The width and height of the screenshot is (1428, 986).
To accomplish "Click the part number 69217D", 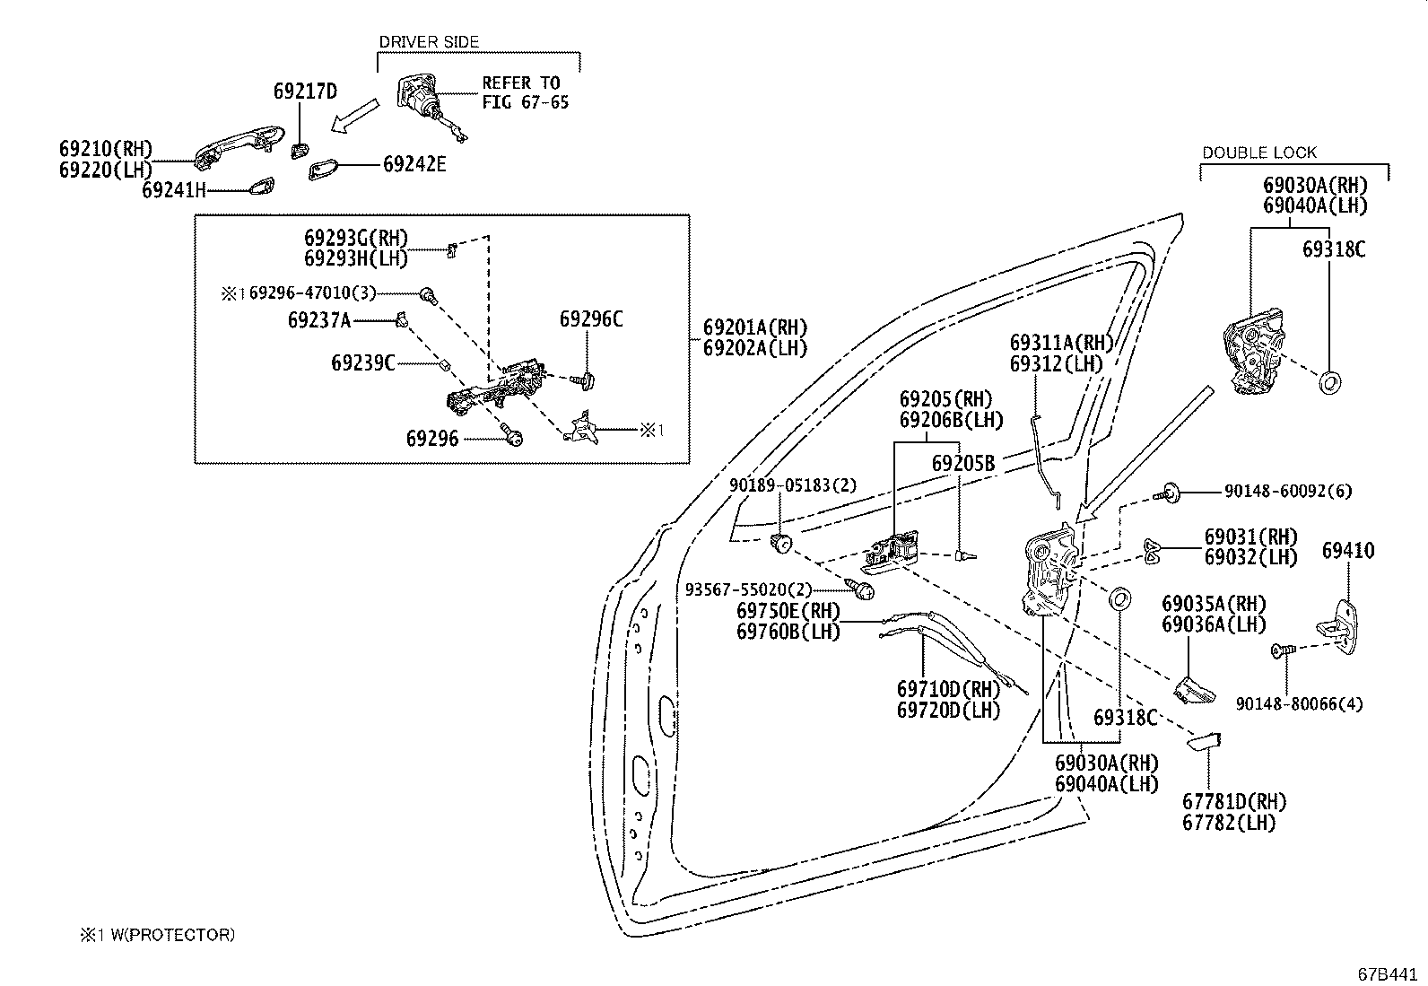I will (x=305, y=92).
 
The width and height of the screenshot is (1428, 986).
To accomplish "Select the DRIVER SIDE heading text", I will (x=429, y=42).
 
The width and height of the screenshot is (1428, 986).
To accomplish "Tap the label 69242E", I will (x=414, y=164).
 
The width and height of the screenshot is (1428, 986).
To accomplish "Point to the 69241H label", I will (x=174, y=190).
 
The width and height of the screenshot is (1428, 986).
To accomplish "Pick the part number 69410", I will (x=1347, y=551).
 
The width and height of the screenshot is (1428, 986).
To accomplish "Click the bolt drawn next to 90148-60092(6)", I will (x=1168, y=491).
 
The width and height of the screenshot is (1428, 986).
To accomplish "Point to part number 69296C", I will (x=591, y=319).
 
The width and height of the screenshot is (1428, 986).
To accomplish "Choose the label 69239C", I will (x=362, y=362).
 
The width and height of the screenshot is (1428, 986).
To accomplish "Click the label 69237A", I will (x=319, y=319).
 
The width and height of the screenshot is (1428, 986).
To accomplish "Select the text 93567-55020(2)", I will (x=748, y=589).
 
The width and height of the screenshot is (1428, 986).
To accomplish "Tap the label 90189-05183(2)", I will (x=792, y=485).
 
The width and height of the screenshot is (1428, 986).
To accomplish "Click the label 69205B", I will (x=963, y=464).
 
